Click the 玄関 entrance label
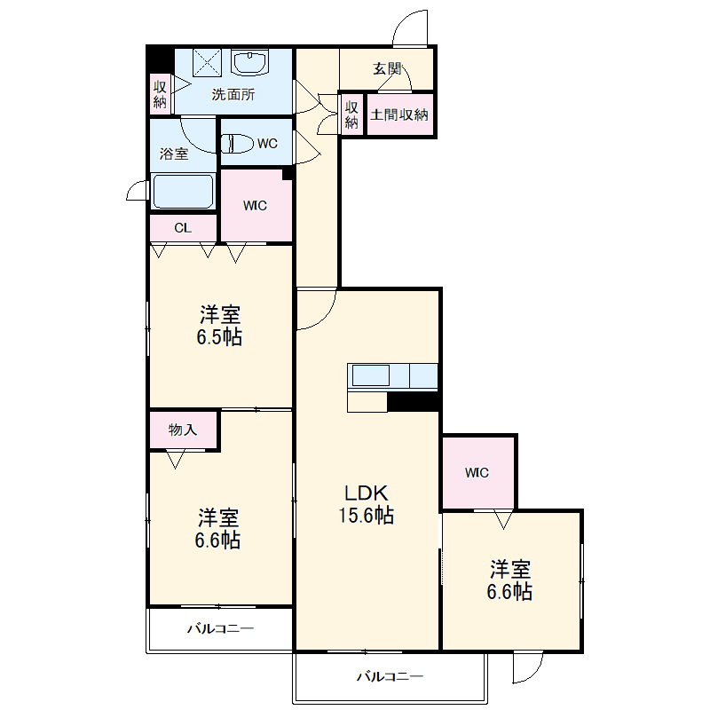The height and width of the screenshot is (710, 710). coord(387,69)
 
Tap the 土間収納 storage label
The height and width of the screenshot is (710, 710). coord(398,114)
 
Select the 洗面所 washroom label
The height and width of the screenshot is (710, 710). coord(233,94)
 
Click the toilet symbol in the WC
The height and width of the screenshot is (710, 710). coord(237,144)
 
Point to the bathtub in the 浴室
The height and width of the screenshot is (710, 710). coord(183,191)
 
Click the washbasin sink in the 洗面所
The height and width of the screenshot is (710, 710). coord(250,62)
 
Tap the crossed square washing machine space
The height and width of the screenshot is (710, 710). coord(207,62)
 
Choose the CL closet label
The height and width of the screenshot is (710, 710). coord(183,228)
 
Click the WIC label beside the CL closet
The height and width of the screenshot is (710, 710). coord(255,206)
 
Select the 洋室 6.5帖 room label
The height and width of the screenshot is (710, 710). coord(219,326)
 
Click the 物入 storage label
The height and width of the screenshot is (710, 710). coord(183,430)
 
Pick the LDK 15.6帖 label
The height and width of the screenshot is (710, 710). coord(367,504)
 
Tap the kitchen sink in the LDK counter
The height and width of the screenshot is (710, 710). coord(371,375)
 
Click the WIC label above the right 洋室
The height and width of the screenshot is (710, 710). coord(477,473)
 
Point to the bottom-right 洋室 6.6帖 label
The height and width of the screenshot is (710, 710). coord(509,580)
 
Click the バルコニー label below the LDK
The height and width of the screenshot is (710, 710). coord(390,676)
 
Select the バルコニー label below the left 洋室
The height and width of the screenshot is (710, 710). coord(220,628)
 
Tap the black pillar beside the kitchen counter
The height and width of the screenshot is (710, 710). coord(414,402)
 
